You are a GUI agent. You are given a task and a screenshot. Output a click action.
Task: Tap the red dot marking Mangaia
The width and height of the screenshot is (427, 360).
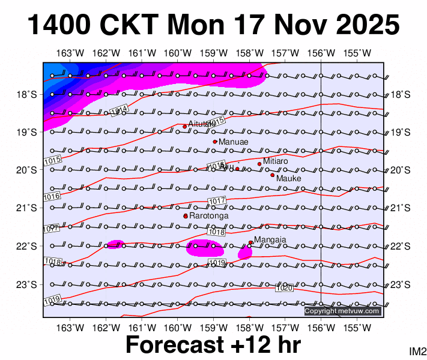(250, 242)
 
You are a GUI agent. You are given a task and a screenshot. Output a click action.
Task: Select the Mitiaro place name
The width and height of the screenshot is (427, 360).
(276, 161)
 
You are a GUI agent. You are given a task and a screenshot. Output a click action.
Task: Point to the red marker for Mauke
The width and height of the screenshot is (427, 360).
(272, 175)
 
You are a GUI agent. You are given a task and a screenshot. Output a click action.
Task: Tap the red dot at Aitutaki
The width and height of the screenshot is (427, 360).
(185, 127)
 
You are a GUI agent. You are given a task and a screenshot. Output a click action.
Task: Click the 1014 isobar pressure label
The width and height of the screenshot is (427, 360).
(119, 110)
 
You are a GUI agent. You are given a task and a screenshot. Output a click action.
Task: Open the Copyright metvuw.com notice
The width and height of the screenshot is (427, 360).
(342, 311)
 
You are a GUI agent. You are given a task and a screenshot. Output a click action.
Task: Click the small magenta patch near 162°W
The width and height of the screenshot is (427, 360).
(115, 244)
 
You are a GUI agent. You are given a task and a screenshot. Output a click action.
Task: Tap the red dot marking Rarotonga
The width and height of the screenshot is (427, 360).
(186, 216)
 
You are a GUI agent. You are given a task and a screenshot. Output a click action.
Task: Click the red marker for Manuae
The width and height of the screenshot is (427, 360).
(215, 142)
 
